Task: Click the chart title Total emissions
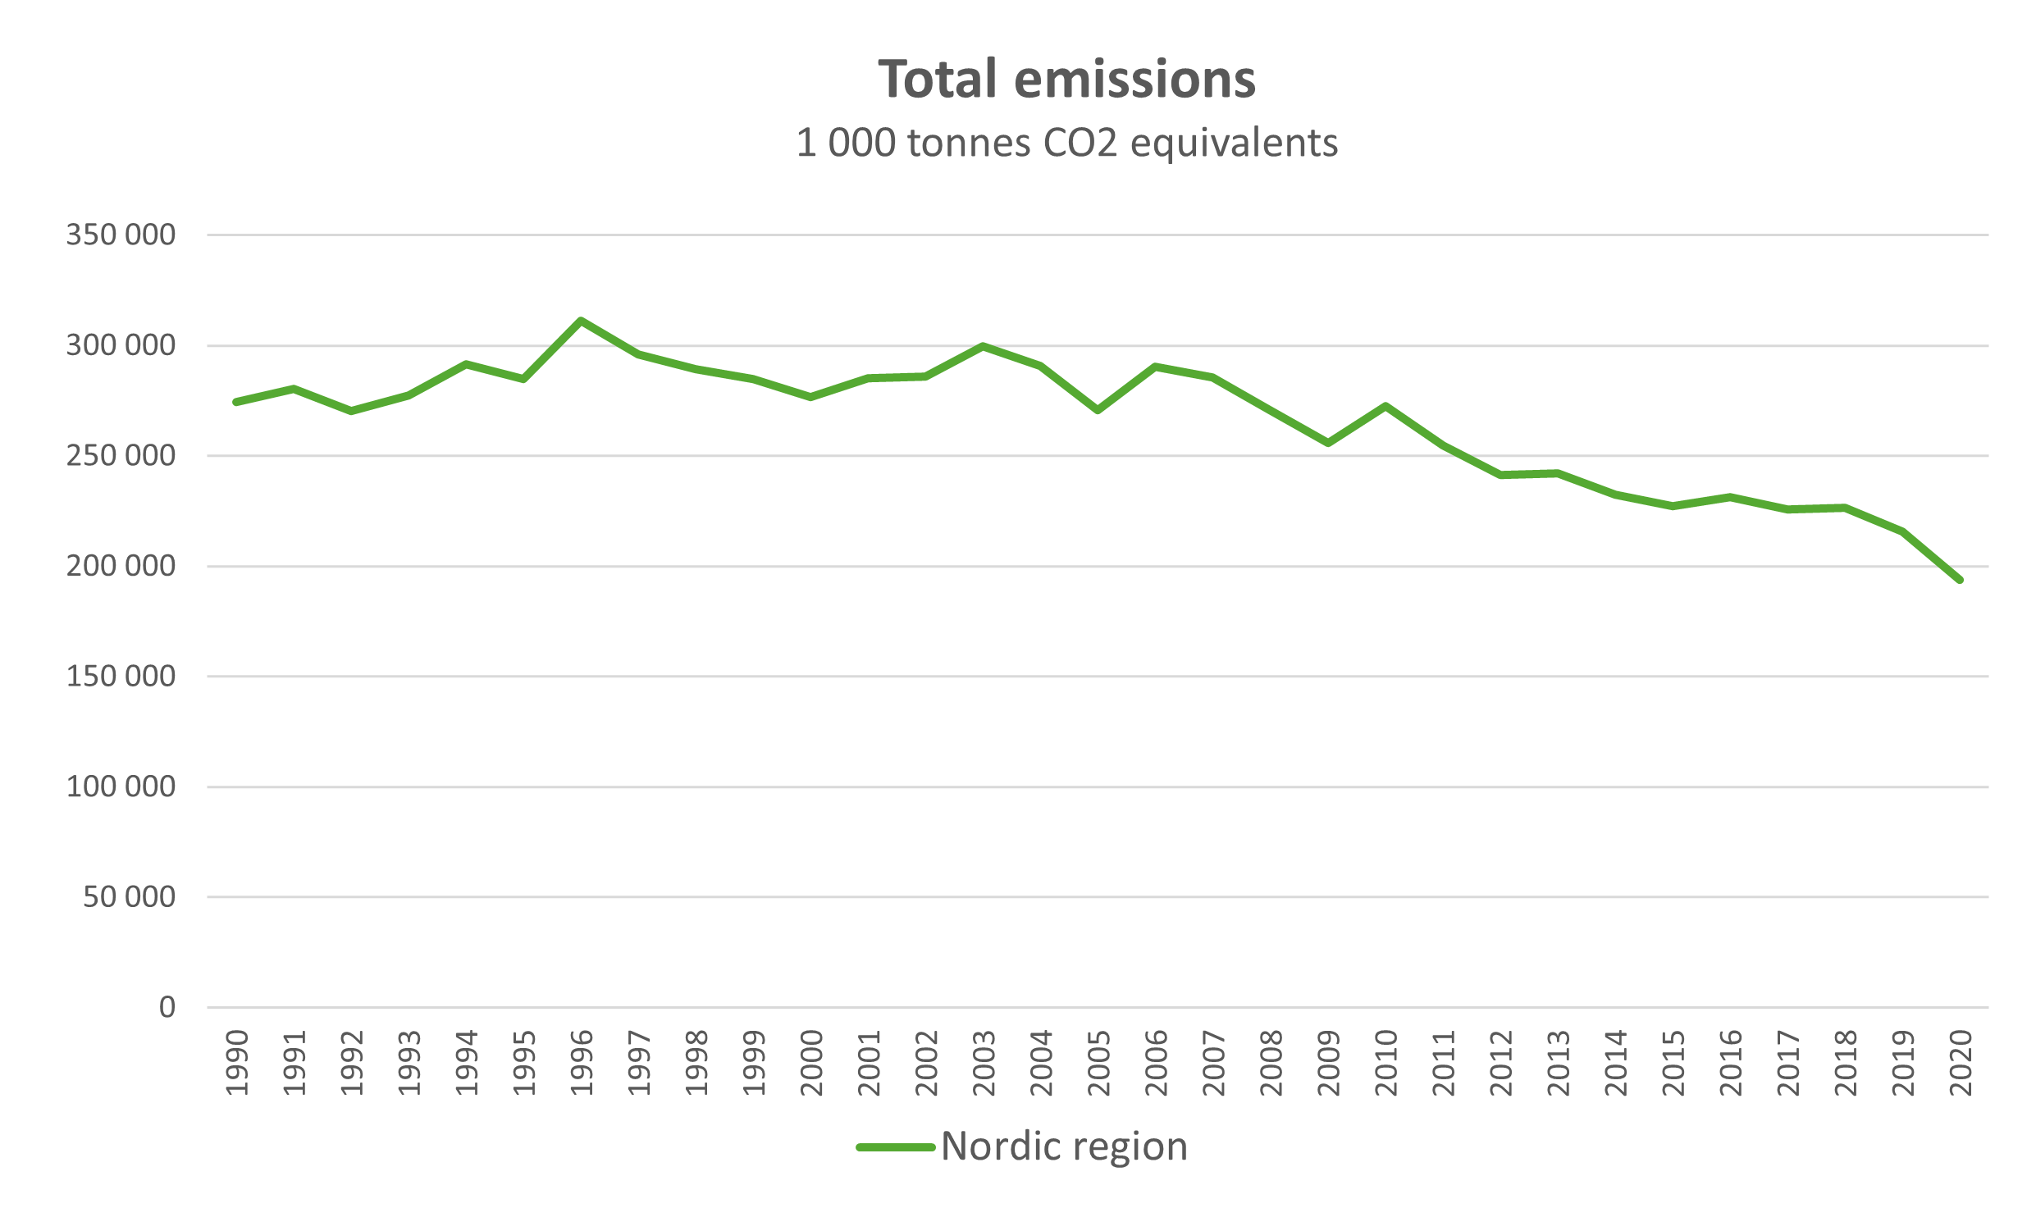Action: (x=1066, y=80)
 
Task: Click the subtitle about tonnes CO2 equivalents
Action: (x=1066, y=144)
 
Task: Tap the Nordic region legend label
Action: (x=1064, y=1146)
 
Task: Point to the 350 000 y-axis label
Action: (x=121, y=235)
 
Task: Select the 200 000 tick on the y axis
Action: (x=121, y=566)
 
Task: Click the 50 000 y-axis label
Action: (x=129, y=897)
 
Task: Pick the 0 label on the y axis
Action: (x=167, y=1007)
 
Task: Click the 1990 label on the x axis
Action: (x=237, y=1063)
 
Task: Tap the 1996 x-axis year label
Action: (x=582, y=1063)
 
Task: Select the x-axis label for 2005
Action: (x=1098, y=1063)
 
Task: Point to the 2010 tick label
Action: (x=1385, y=1063)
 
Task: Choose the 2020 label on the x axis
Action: (x=1960, y=1063)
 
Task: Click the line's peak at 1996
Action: (x=581, y=321)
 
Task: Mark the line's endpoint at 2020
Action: (x=1960, y=580)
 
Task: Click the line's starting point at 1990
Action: (x=236, y=402)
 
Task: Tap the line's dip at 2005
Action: (x=1098, y=410)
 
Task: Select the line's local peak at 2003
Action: (x=983, y=346)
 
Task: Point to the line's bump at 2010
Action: (x=1385, y=406)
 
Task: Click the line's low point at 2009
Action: (x=1328, y=443)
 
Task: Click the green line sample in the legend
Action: (x=895, y=1147)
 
